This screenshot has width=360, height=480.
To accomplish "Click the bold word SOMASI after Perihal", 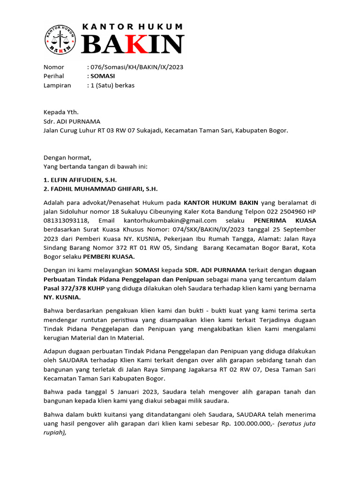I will (x=103, y=76).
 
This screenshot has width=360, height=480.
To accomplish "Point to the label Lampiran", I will (x=57, y=85).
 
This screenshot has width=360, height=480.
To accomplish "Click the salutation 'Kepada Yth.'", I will (x=61, y=112).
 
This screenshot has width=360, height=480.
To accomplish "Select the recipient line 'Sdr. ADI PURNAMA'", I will (x=72, y=121).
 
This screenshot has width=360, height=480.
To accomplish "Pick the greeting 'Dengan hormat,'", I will (x=67, y=157).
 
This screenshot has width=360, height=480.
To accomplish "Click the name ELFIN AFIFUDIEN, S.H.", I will (x=80, y=180).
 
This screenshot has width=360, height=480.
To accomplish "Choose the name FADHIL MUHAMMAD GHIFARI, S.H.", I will (x=101, y=189).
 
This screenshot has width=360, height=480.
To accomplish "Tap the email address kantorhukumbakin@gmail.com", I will (x=170, y=220).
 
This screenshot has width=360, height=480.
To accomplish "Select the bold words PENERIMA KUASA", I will (x=285, y=220).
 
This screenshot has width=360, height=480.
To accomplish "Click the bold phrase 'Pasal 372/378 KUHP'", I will (x=74, y=288).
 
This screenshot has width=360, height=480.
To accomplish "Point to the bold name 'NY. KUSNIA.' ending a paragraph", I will (x=62, y=297).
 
